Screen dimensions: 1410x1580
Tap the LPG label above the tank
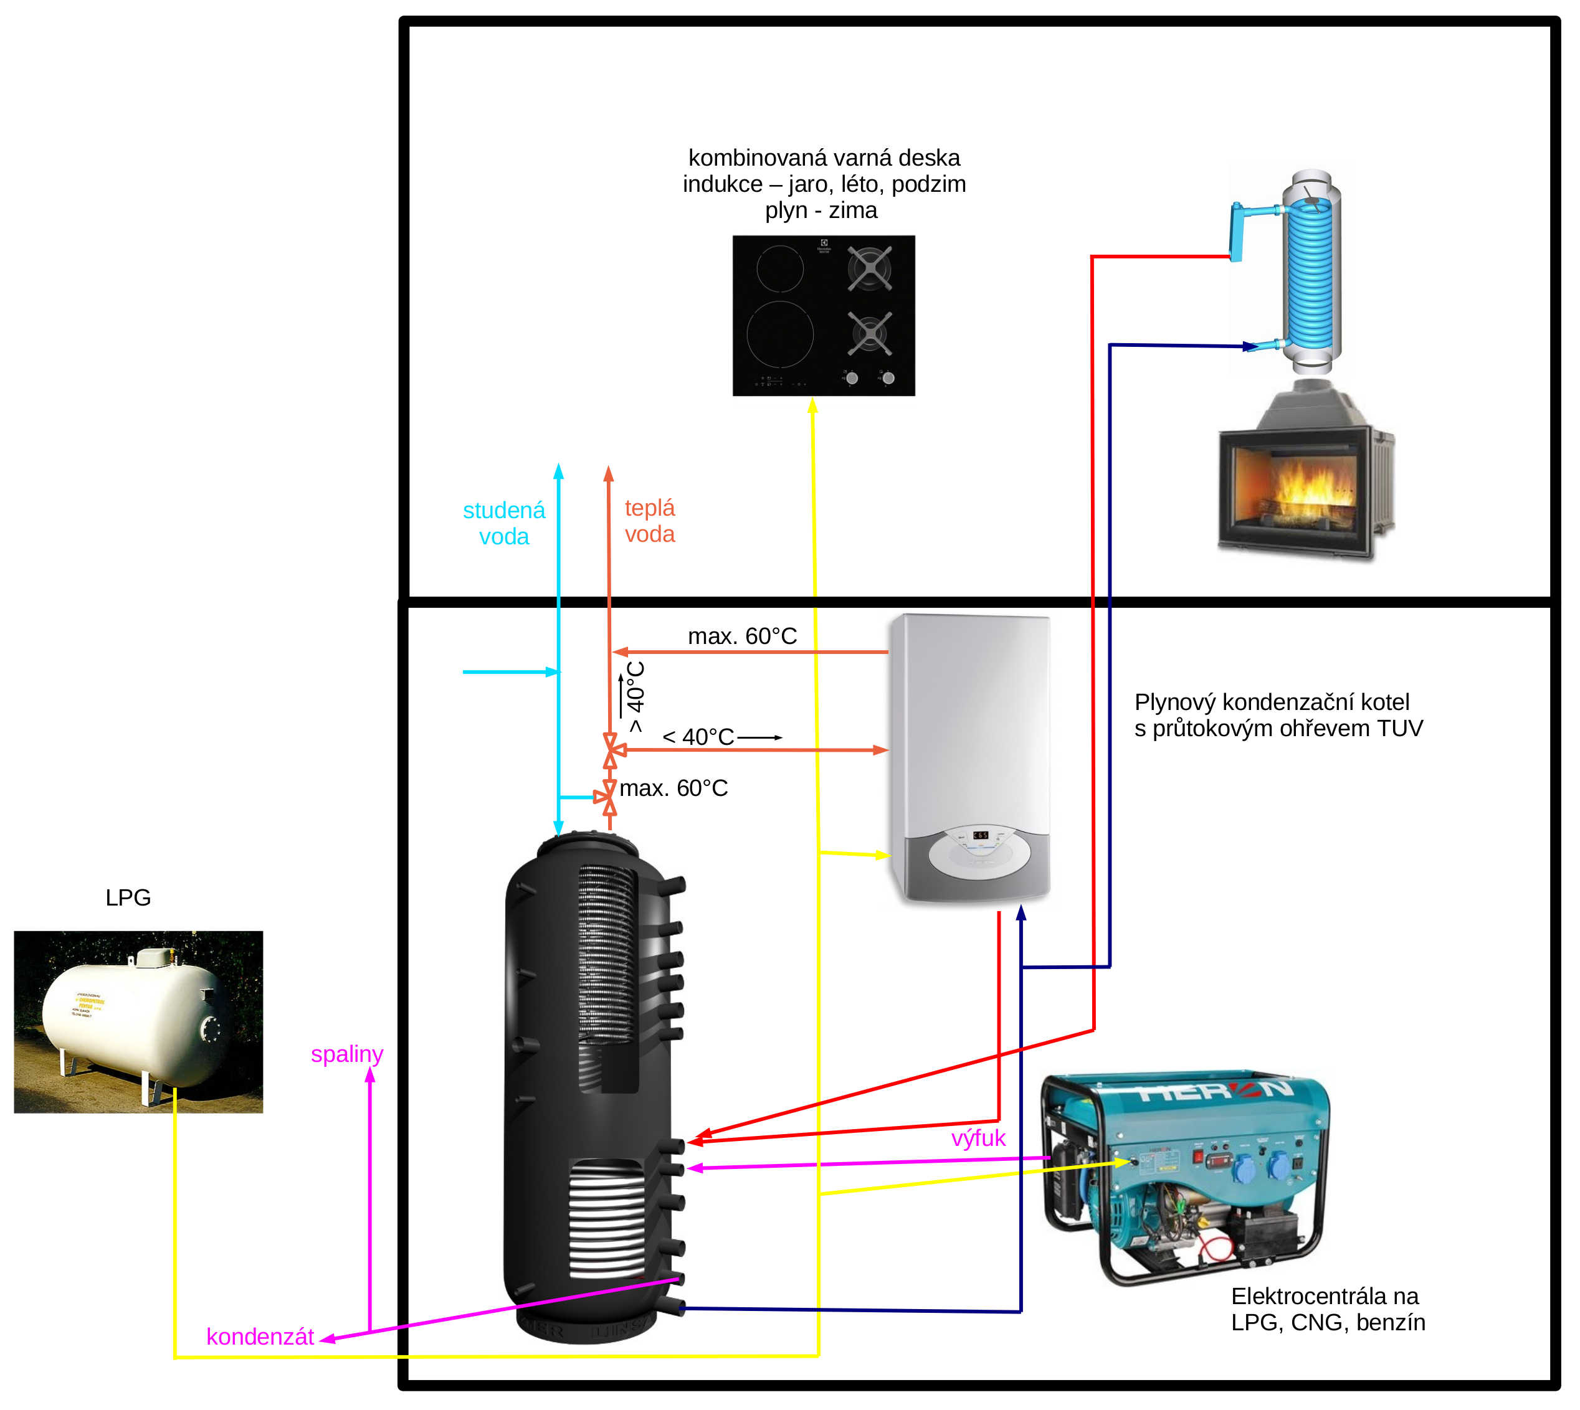(x=128, y=897)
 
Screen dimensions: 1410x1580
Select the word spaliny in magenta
(x=346, y=1054)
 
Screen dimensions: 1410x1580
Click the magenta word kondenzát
(x=260, y=1337)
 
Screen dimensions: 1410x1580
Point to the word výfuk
(x=978, y=1138)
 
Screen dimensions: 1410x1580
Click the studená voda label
(x=503, y=523)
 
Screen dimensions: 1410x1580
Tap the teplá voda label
(x=649, y=521)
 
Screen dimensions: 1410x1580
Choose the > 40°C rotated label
(x=635, y=696)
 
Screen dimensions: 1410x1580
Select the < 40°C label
(x=697, y=737)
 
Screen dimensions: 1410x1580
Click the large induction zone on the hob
(x=779, y=333)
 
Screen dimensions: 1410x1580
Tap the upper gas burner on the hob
(x=869, y=268)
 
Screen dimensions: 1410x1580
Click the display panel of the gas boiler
(x=980, y=835)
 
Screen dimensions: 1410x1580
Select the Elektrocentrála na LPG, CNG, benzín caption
(x=1328, y=1308)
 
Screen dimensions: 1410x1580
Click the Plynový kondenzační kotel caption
(x=1278, y=714)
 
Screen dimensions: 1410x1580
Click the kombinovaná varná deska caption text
(x=824, y=184)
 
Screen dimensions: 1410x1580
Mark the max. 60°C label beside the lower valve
(x=673, y=788)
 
